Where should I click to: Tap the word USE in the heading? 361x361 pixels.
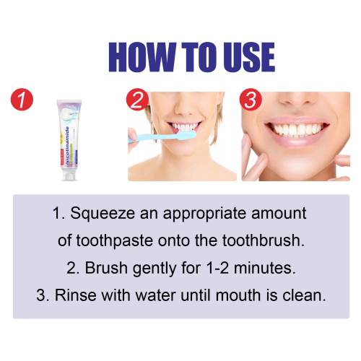249,57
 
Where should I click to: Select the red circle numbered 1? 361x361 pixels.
22,100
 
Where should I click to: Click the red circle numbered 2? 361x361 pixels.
137,100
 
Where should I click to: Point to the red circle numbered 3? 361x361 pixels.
251,100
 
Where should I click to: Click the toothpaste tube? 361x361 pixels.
69,140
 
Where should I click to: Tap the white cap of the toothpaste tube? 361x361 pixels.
69,175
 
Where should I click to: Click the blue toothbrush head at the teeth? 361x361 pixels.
186,135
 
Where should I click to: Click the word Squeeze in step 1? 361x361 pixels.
103,214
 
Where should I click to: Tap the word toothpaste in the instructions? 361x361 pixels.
115,240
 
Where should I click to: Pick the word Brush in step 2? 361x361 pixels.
106,268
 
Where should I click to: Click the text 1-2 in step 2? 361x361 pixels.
217,268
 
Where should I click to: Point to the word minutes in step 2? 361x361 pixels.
264,268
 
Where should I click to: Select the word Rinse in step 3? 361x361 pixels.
76,295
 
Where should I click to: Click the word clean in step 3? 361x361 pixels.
304,295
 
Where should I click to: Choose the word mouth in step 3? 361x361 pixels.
238,295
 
